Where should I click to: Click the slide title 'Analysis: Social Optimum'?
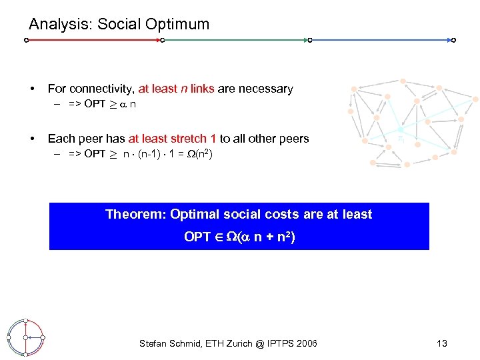pyautogui.click(x=119, y=25)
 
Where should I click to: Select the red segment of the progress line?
pyautogui.click(x=93, y=41)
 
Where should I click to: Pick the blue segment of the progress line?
pyautogui.click(x=381, y=41)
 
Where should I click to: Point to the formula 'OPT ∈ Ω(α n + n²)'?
pyautogui.click(x=239, y=237)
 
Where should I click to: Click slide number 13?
pyautogui.click(x=441, y=343)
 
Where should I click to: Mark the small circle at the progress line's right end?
pyautogui.click(x=453, y=41)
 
